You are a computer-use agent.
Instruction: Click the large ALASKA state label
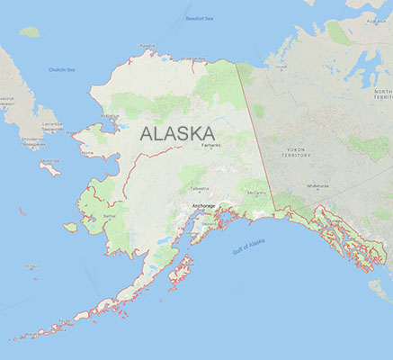[x=183, y=134]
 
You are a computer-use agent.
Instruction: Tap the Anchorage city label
[x=204, y=205]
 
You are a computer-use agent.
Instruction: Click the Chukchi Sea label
[x=62, y=69]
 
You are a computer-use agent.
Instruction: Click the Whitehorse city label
[x=317, y=186]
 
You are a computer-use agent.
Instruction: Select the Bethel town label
[x=111, y=216]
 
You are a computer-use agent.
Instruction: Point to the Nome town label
[x=87, y=153]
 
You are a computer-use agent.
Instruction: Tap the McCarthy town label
[x=258, y=193]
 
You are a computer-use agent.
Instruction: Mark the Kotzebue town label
[x=113, y=114]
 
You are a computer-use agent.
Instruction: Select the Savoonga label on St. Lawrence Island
[x=49, y=161]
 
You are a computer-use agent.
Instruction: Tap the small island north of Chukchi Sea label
[x=30, y=31]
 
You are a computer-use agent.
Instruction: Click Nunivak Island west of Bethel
[x=70, y=228]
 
